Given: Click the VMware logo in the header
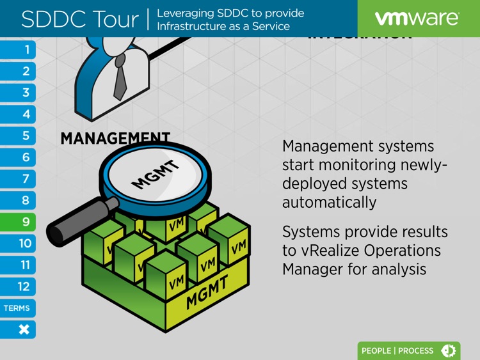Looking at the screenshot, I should point(417,19).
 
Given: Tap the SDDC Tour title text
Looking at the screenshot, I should point(79,19).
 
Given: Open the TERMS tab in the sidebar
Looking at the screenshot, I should point(17,308).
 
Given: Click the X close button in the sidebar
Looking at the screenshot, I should point(24,330).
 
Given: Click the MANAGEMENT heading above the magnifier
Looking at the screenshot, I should point(115,138).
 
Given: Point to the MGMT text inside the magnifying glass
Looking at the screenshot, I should point(156,175).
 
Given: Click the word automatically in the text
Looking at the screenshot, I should point(329,203).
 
